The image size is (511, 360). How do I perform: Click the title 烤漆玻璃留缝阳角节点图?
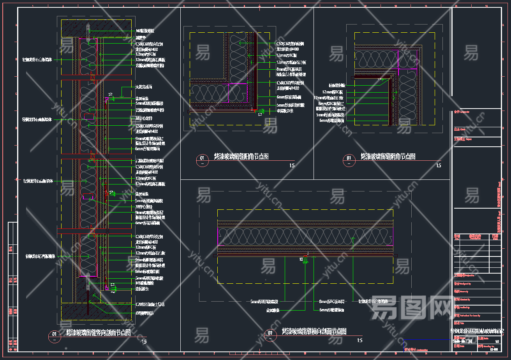pos(241,156)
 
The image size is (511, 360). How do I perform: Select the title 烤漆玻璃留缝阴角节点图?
pos(388,156)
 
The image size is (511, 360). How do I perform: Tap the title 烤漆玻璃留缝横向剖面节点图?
pos(314,332)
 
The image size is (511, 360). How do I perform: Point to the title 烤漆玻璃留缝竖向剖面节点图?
pos(98,333)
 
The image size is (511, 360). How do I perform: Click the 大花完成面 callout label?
pos(144,87)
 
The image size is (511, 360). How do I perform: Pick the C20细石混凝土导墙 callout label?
pos(150,304)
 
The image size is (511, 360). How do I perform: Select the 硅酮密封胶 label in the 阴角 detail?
pos(337,85)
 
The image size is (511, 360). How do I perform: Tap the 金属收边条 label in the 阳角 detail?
pos(285,111)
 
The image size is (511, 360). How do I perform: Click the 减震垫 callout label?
pos(141,38)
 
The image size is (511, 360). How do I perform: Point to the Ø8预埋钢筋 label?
pos(144,313)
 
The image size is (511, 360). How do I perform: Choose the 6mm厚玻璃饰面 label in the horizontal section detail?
pos(332,310)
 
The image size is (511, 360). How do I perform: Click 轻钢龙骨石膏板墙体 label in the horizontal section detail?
pos(373,301)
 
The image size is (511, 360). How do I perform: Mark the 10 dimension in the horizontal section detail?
pos(301,259)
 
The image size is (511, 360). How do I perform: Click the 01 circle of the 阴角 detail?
pos(349,158)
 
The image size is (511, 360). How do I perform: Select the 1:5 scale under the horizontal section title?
pos(359,341)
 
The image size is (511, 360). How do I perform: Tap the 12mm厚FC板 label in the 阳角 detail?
pos(287,56)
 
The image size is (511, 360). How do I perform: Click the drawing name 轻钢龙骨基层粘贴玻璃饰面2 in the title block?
pos(477,331)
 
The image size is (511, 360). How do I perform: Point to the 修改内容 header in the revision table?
pos(475,237)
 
